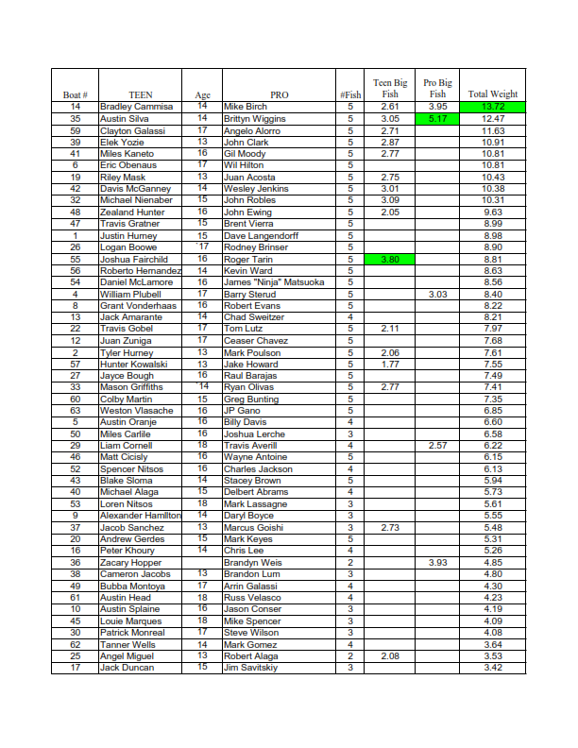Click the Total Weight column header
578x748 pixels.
click(x=492, y=94)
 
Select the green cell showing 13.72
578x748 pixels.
click(x=492, y=107)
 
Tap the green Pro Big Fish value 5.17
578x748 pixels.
click(x=437, y=119)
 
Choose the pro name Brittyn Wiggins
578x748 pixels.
click(x=255, y=119)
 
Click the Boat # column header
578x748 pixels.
click(x=76, y=94)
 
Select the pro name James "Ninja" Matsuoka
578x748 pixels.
click(x=274, y=282)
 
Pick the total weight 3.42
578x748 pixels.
click(x=492, y=668)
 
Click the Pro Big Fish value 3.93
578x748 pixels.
click(x=437, y=563)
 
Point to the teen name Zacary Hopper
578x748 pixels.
click(x=131, y=563)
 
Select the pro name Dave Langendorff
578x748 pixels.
click(x=261, y=235)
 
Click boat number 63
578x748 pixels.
click(x=76, y=411)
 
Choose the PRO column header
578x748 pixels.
click(x=280, y=94)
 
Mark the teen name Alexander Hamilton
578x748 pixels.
click(x=141, y=516)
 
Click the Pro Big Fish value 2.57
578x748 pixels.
click(x=437, y=446)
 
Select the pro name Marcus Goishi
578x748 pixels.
click(x=253, y=528)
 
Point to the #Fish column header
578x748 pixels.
click(x=350, y=94)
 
